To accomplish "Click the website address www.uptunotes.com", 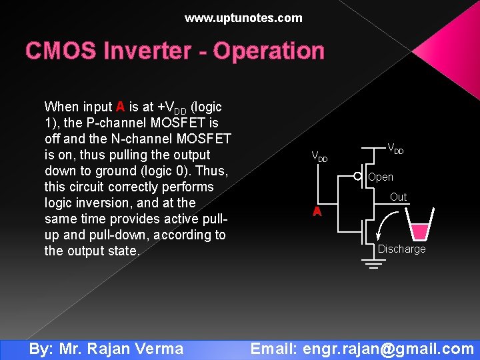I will [243, 18].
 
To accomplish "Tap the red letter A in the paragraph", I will [120, 107].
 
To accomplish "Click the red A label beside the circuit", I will [318, 212].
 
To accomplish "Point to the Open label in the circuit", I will [381, 177].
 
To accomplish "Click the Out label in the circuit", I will [398, 197].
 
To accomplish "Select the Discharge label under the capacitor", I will [401, 249].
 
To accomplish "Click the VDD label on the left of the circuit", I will [320, 157].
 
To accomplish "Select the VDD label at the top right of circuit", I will [395, 150].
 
